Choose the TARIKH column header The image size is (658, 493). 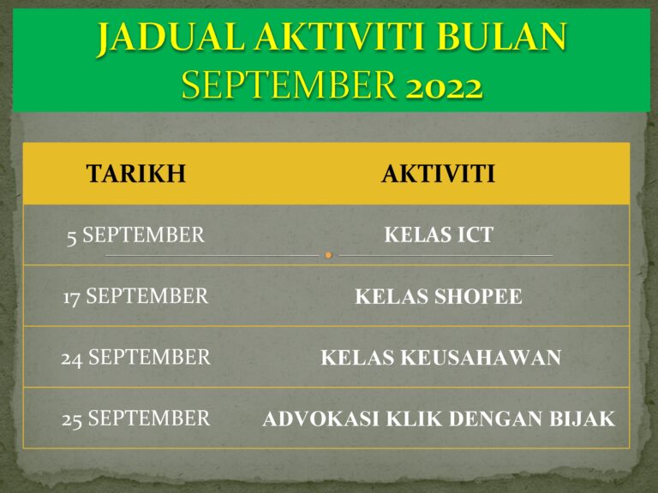tap(135, 174)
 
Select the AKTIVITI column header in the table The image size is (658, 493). tap(438, 174)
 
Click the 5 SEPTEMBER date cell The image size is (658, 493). tap(135, 235)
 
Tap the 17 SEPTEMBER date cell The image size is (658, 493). tap(135, 296)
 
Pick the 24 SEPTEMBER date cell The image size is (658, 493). tap(135, 357)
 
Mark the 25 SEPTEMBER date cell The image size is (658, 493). tap(135, 419)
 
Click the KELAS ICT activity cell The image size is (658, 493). tap(439, 235)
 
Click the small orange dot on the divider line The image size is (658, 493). tap(328, 255)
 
